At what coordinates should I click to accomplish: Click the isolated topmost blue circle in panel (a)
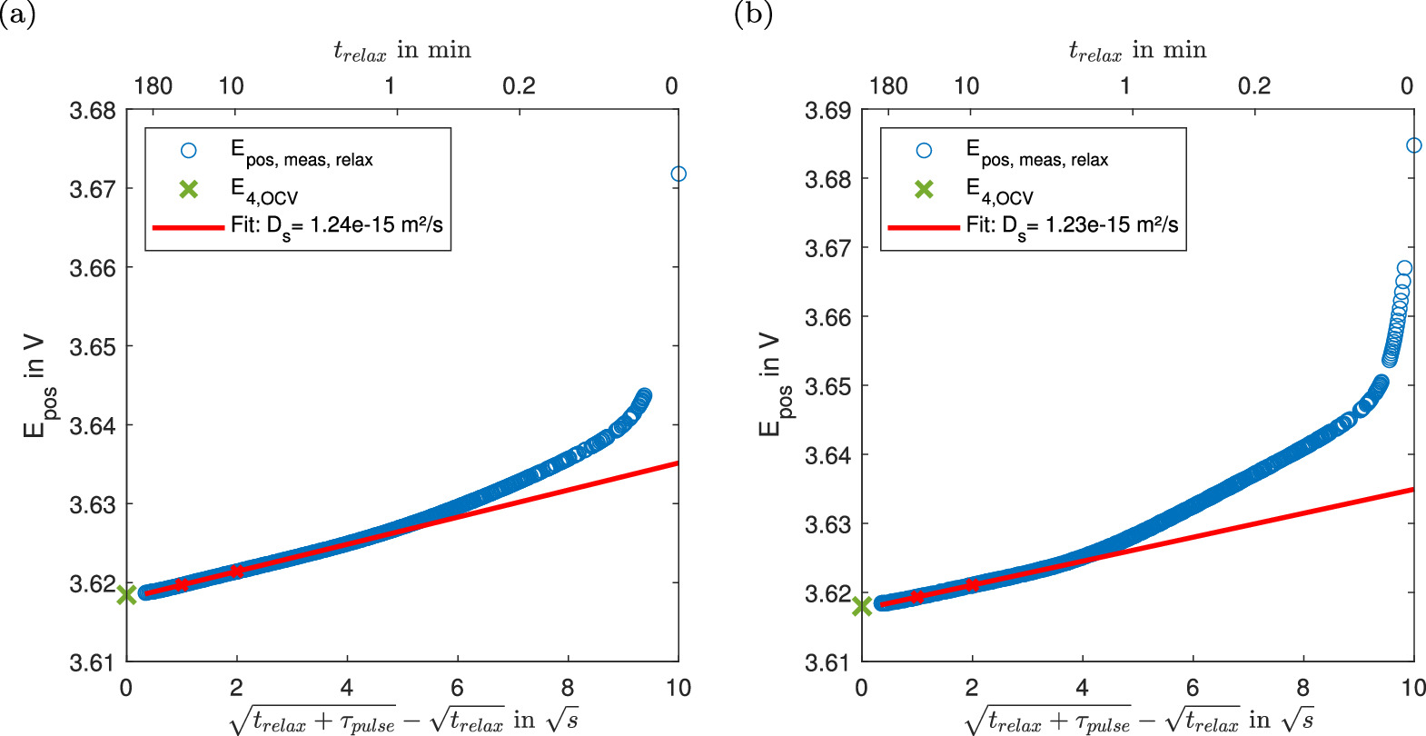tap(678, 174)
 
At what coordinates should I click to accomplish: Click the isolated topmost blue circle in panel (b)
tap(1413, 145)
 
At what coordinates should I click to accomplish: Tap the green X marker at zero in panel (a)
tap(126, 595)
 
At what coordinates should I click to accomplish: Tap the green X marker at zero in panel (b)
tap(862, 606)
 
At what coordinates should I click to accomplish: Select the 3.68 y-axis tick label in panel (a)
tap(93, 111)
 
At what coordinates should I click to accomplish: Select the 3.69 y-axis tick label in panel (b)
tap(828, 111)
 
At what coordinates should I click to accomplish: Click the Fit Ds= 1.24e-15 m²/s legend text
tap(336, 225)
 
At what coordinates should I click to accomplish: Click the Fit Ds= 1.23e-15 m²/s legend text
tap(1072, 225)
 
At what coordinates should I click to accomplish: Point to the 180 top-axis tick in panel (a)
tap(153, 86)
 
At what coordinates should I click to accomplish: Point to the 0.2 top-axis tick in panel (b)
tap(1254, 86)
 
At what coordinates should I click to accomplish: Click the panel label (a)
tap(18, 15)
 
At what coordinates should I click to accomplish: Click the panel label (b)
tap(753, 15)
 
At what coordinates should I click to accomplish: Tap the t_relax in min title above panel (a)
tap(402, 51)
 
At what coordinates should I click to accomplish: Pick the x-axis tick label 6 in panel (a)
tap(457, 688)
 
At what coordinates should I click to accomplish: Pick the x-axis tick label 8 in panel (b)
tap(1302, 688)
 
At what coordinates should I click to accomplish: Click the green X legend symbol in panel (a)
tap(188, 189)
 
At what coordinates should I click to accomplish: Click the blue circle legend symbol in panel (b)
tap(924, 150)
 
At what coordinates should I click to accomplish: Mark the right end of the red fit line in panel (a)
tap(676, 463)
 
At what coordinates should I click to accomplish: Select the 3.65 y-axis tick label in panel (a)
tap(93, 347)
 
